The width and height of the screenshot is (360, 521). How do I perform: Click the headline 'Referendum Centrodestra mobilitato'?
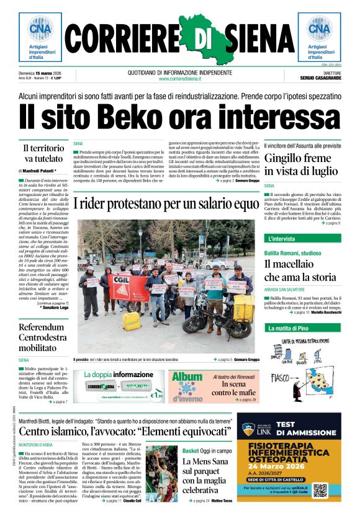pyautogui.click(x=42, y=337)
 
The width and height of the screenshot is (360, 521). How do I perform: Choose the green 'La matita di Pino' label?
pyautogui.click(x=288, y=327)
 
